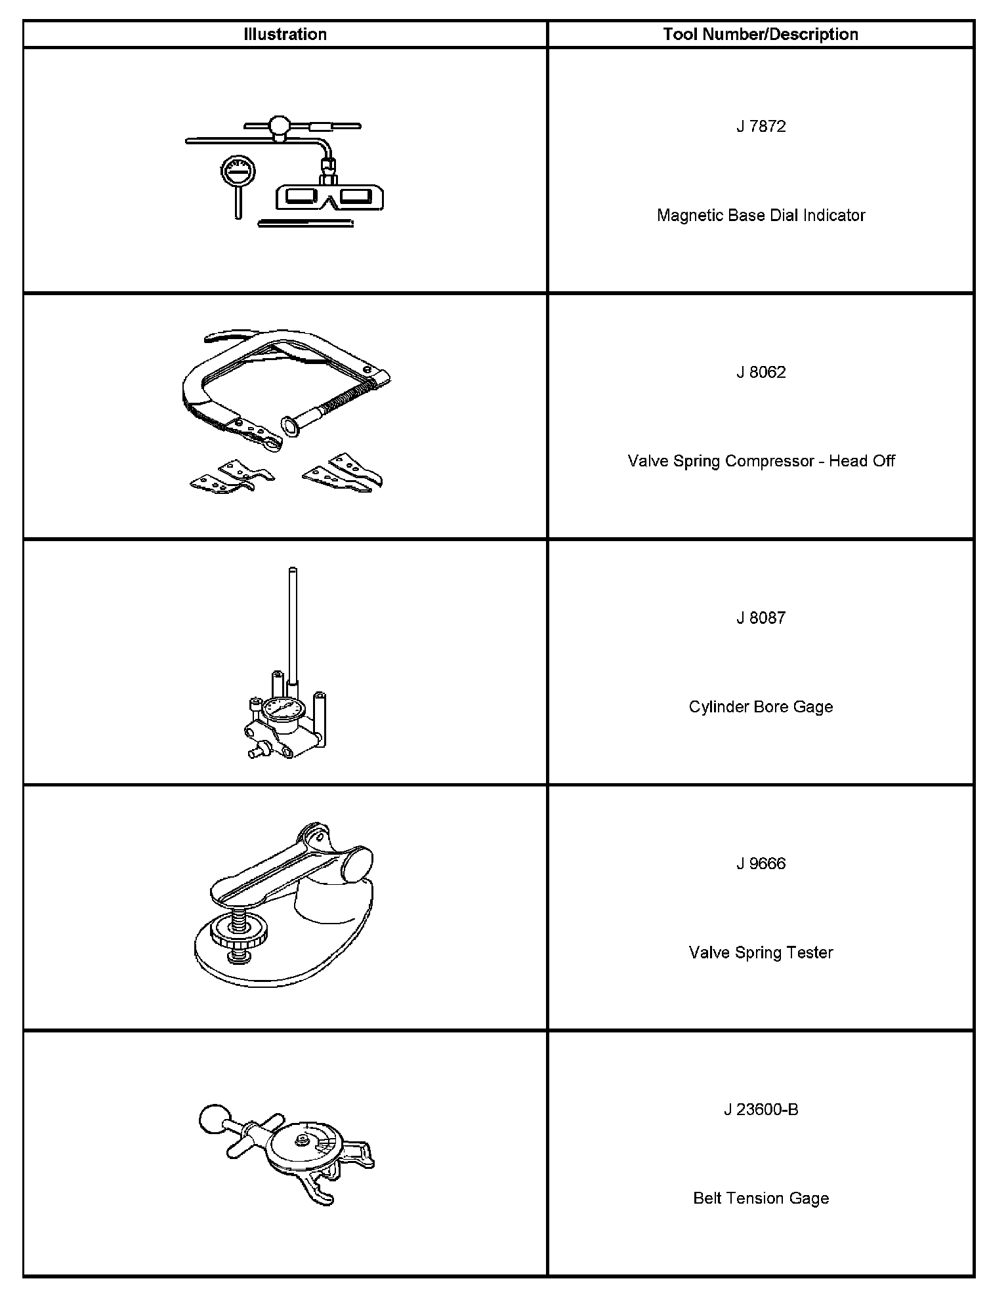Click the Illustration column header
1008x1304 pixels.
point(285,34)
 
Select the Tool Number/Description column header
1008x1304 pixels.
point(761,34)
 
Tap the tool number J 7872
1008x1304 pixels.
point(761,126)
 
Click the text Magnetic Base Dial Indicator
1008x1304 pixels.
point(761,215)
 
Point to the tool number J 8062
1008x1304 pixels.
point(761,372)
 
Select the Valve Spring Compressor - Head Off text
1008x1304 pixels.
point(761,460)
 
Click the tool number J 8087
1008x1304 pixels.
point(761,617)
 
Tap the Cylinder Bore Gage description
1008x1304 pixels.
point(761,706)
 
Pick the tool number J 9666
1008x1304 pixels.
point(761,863)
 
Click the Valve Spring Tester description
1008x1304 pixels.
point(761,952)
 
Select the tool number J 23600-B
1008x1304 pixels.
point(761,1109)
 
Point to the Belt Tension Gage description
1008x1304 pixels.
point(761,1198)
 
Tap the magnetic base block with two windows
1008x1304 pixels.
point(330,197)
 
